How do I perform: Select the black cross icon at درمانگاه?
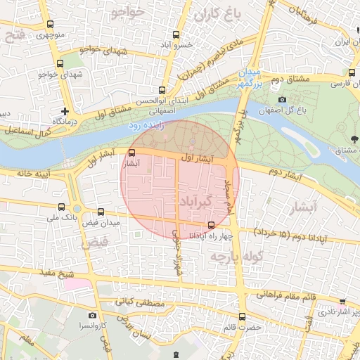65,111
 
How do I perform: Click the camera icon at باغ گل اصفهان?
282,101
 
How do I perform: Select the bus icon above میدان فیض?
101,211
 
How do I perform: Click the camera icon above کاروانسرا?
92,316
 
